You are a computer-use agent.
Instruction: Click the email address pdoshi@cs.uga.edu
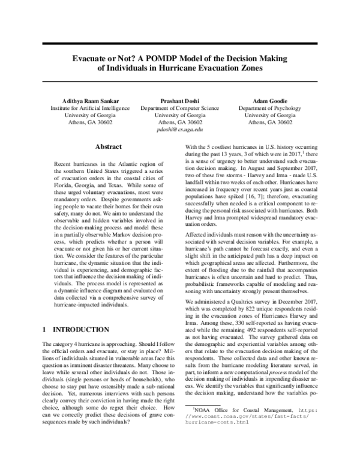pos(180,129)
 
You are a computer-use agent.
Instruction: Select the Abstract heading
pos(109,147)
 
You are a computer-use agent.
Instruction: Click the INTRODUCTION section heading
pos(82,329)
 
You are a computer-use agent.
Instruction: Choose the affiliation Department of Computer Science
pos(180,107)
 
